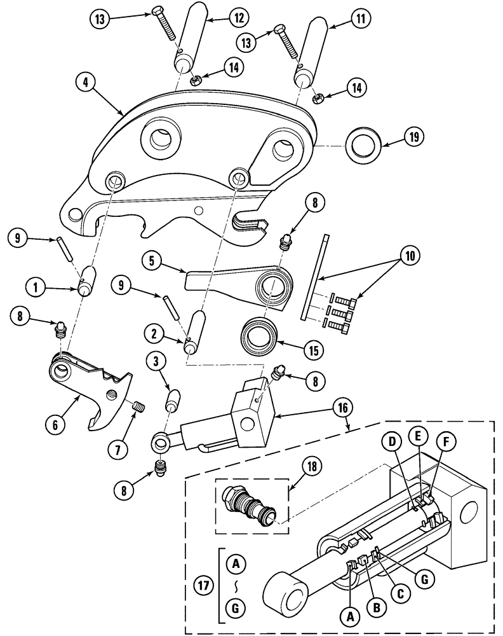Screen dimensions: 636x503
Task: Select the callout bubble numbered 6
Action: click(56, 424)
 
